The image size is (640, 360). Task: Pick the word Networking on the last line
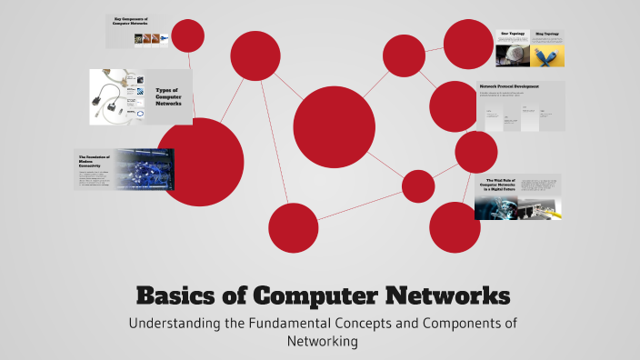click(x=319, y=342)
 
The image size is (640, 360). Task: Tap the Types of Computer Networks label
click(x=169, y=96)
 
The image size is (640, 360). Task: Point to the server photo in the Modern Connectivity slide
click(x=144, y=170)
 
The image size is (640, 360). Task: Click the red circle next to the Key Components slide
click(x=188, y=36)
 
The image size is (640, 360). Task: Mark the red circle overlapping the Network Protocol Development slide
click(x=453, y=105)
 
